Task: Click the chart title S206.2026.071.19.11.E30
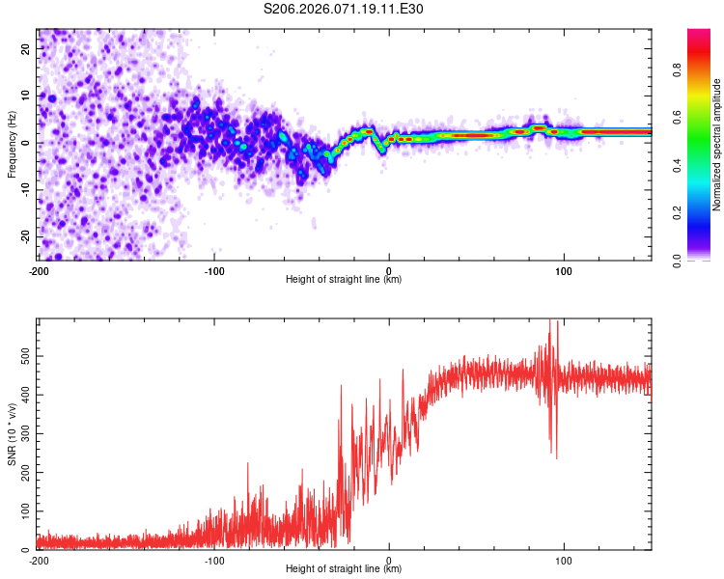point(344,9)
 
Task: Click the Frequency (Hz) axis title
point(12,143)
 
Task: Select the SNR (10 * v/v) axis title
point(12,434)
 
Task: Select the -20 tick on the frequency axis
point(25,236)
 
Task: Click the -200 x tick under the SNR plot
point(39,560)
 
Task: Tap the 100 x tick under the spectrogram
point(564,270)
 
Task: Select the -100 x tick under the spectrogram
point(214,270)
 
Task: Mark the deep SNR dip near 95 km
point(555,455)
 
